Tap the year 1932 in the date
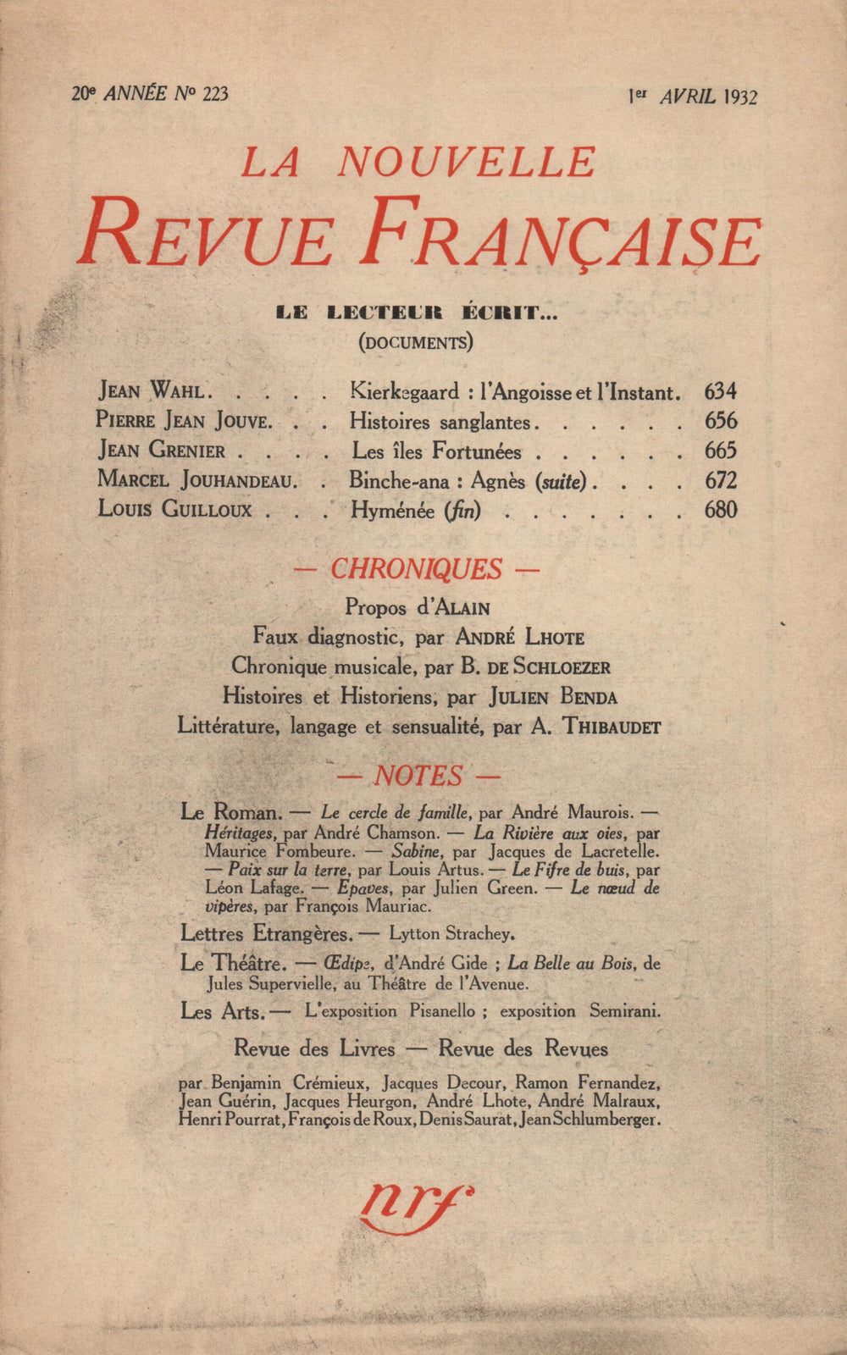click(740, 97)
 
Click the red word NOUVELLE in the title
click(467, 162)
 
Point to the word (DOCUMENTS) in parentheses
click(415, 342)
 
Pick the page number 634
click(720, 391)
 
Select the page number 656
click(720, 421)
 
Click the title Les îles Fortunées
click(436, 451)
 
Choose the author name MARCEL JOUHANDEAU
click(197, 480)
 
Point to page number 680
click(720, 510)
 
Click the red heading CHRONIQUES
click(416, 568)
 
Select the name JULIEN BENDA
click(552, 697)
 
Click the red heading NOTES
click(418, 776)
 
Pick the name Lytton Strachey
click(451, 934)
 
